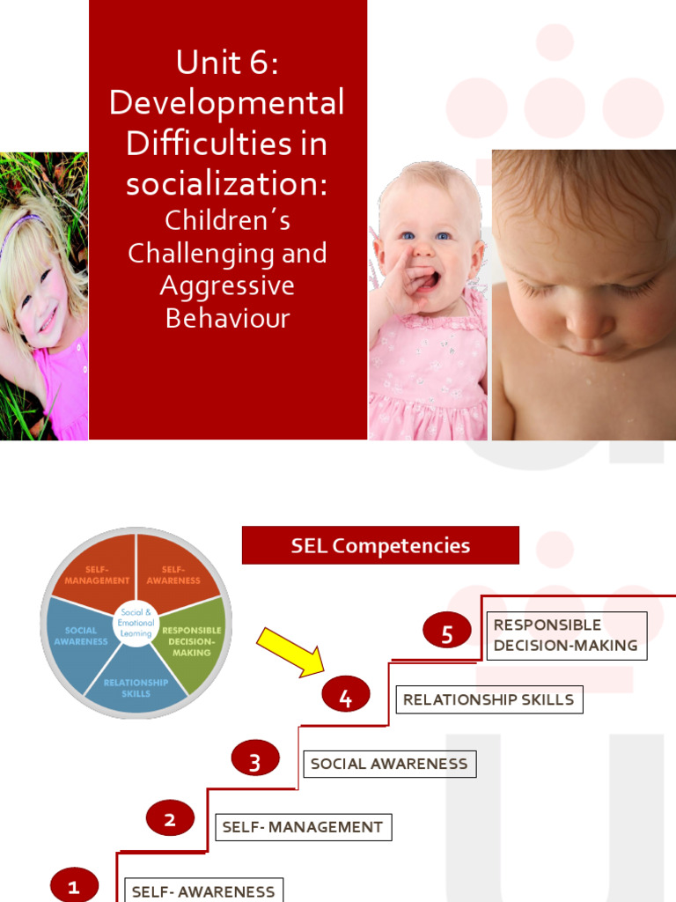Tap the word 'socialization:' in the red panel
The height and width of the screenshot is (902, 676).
coord(227,183)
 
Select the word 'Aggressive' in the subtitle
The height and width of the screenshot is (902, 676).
coord(227,285)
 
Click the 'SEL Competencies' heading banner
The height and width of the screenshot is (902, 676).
coord(380,545)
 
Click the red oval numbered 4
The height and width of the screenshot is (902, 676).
coord(345,698)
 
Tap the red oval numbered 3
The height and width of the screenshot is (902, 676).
coord(255,762)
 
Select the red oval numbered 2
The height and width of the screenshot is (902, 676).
coord(170,820)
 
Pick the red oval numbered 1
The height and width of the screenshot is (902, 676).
coord(74,885)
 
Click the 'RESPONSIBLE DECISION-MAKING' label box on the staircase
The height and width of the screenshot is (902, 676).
coord(566,635)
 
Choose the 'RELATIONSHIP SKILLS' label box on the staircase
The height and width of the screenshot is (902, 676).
coord(489,699)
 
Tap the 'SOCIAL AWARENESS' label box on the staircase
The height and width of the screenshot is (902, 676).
coord(389,764)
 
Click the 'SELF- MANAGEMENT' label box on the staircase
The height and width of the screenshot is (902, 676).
coord(303,827)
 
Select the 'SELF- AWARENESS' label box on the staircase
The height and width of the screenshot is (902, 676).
coord(203,891)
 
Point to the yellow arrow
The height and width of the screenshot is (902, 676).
coord(290,653)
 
